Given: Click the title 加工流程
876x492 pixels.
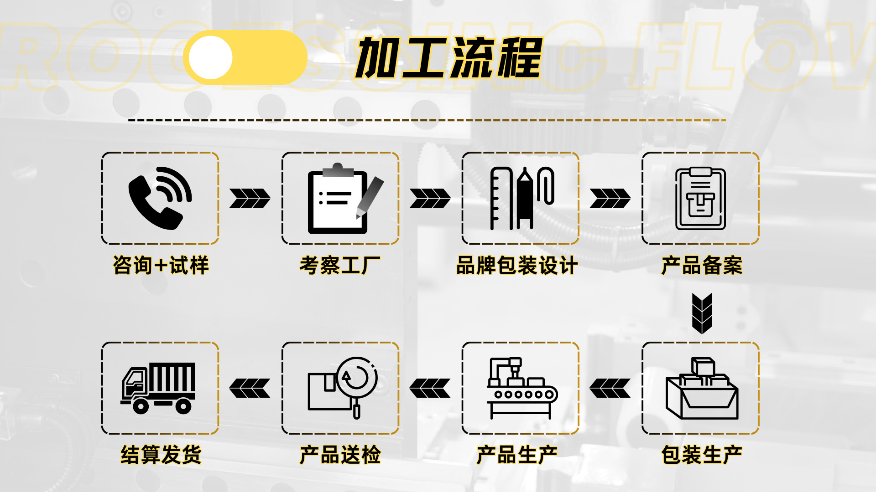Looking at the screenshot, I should point(449,58).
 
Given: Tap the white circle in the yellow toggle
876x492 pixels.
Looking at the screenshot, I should point(210,58).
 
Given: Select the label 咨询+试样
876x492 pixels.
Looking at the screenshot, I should point(161,265).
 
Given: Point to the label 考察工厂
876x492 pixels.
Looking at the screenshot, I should point(340,265).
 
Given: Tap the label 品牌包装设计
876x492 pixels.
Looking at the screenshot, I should point(517,265).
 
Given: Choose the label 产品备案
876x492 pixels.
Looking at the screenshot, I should point(702,265).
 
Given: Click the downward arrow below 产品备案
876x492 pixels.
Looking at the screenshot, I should point(702,313).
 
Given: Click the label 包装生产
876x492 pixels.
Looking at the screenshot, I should point(702,455).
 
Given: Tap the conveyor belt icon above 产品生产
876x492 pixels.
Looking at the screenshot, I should point(521,388).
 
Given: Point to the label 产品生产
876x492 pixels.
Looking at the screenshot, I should point(517,455).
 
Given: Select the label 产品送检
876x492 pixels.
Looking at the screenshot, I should point(340,455).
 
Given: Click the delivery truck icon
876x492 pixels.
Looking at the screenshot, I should point(158,388).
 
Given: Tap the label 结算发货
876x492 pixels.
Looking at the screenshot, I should point(161,455).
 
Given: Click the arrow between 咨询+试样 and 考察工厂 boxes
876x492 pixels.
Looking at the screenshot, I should point(250,198).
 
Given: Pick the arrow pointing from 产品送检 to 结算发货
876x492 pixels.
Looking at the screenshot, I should point(250,388).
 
